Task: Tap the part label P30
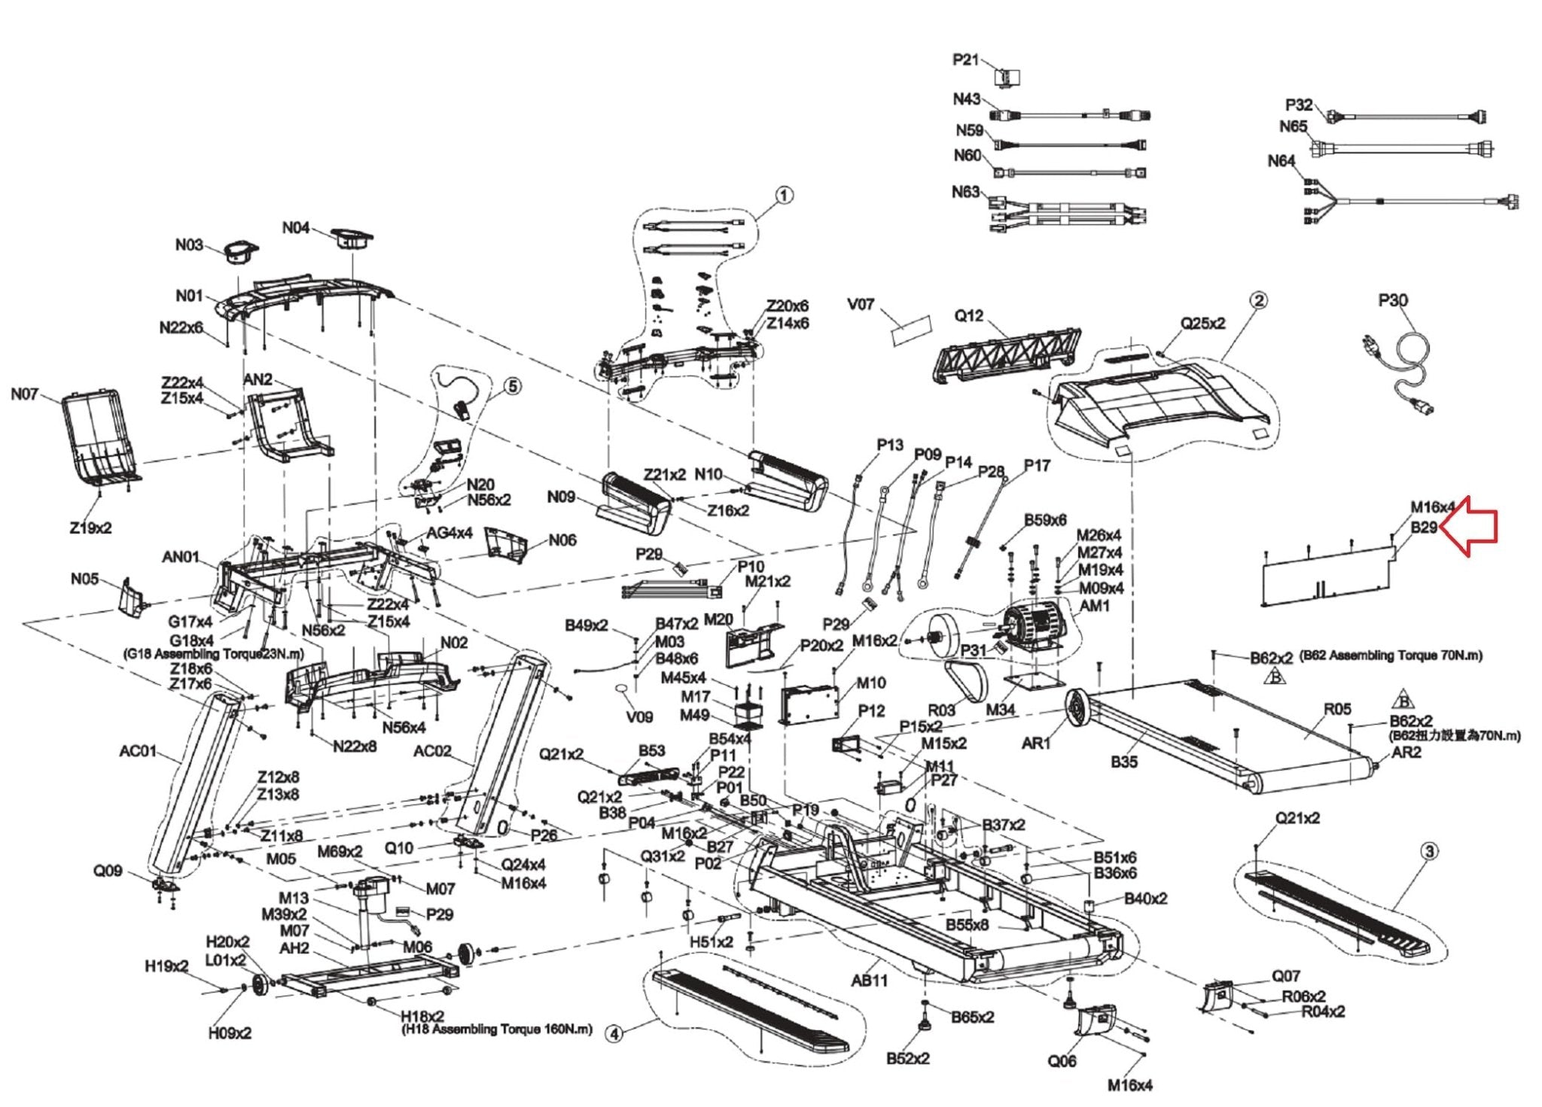click(1393, 301)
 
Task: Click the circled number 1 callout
click(784, 196)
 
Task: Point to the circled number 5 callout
click(512, 386)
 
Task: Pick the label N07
click(24, 394)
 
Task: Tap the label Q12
click(968, 316)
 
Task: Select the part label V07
click(861, 305)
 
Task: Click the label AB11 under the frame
click(870, 981)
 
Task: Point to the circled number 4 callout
click(614, 1035)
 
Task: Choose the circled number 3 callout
click(1428, 851)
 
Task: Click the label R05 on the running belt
click(1337, 709)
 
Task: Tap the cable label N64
click(1281, 161)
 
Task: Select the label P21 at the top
click(965, 59)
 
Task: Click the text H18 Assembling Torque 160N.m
click(497, 1029)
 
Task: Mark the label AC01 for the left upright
click(138, 751)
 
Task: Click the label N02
click(453, 643)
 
